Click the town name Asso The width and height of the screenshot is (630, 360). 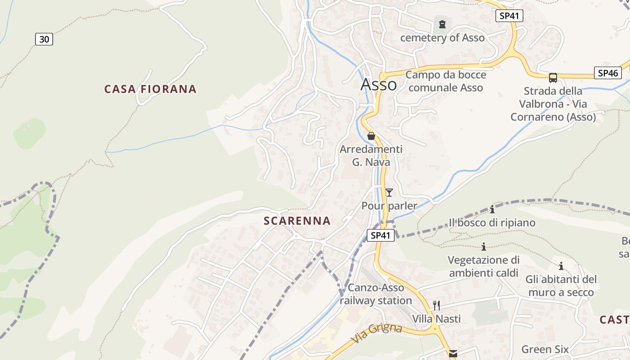pyautogui.click(x=378, y=84)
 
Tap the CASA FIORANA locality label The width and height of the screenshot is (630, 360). pyautogui.click(x=150, y=89)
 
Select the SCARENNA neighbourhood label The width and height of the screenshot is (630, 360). pyautogui.click(x=297, y=221)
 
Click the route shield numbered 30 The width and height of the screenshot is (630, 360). pyautogui.click(x=44, y=39)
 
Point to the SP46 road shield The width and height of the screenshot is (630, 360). pyautogui.click(x=607, y=73)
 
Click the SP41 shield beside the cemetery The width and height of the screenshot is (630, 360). pyautogui.click(x=509, y=16)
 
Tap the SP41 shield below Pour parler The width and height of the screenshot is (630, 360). pyautogui.click(x=381, y=235)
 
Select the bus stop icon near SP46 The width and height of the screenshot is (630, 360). pyautogui.click(x=553, y=77)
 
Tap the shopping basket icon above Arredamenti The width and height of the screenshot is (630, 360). pyautogui.click(x=371, y=135)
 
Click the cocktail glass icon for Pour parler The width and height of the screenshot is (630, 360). pyautogui.click(x=389, y=193)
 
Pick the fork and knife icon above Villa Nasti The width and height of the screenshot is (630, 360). pyautogui.click(x=436, y=306)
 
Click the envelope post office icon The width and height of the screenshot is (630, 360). pyautogui.click(x=453, y=354)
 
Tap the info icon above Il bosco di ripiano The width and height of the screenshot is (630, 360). pyautogui.click(x=492, y=209)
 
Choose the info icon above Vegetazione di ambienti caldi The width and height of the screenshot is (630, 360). pyautogui.click(x=484, y=247)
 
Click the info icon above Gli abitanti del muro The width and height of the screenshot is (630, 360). pyautogui.click(x=561, y=266)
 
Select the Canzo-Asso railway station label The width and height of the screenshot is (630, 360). pyautogui.click(x=376, y=294)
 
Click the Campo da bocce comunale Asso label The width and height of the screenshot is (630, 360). pyautogui.click(x=445, y=81)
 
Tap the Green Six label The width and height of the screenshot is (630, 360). pyautogui.click(x=545, y=349)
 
